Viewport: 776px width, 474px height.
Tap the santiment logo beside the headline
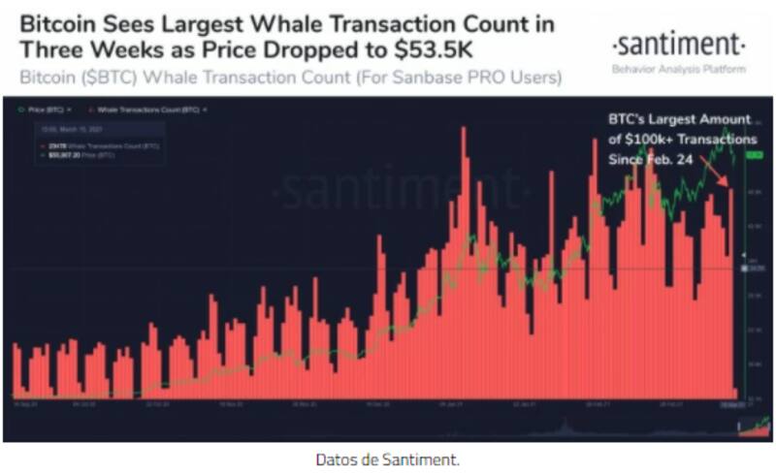click(680, 43)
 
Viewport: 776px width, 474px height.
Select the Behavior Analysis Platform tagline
click(680, 70)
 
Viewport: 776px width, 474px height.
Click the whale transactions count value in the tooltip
click(64, 144)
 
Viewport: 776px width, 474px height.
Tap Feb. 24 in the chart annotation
click(671, 159)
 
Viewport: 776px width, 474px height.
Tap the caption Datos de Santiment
click(387, 458)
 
